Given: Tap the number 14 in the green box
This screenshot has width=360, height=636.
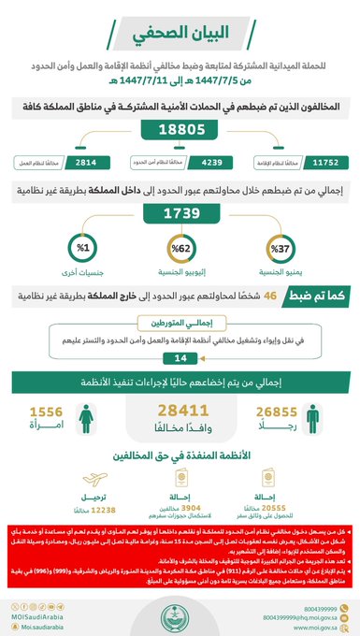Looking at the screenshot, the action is coord(180,356).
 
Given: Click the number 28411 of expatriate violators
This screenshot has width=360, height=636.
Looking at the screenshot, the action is coord(180,411).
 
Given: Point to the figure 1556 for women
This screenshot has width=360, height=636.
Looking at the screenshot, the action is coord(47,411).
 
